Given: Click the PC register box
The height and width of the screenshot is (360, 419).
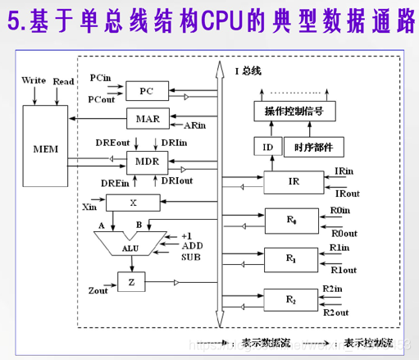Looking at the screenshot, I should tap(146, 91).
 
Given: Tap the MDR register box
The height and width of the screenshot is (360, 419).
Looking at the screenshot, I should tap(147, 160).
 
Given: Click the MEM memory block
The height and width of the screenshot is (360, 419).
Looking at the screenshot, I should tap(46, 150).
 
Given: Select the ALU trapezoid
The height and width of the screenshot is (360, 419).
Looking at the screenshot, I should tap(127, 244).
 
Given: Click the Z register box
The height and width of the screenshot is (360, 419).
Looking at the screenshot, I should tap(131, 282).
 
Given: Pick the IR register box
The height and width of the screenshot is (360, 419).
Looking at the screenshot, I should tap(294, 181).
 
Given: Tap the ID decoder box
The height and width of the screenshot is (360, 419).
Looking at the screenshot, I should tap(266, 147).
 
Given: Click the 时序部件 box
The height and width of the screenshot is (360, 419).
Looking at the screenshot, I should tap(312, 147).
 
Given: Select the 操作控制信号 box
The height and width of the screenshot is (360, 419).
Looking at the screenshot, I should tap(294, 111).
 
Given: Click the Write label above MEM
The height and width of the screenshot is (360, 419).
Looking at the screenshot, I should tap(34, 80).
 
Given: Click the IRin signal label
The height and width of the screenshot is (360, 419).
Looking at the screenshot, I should tap(345, 171).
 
